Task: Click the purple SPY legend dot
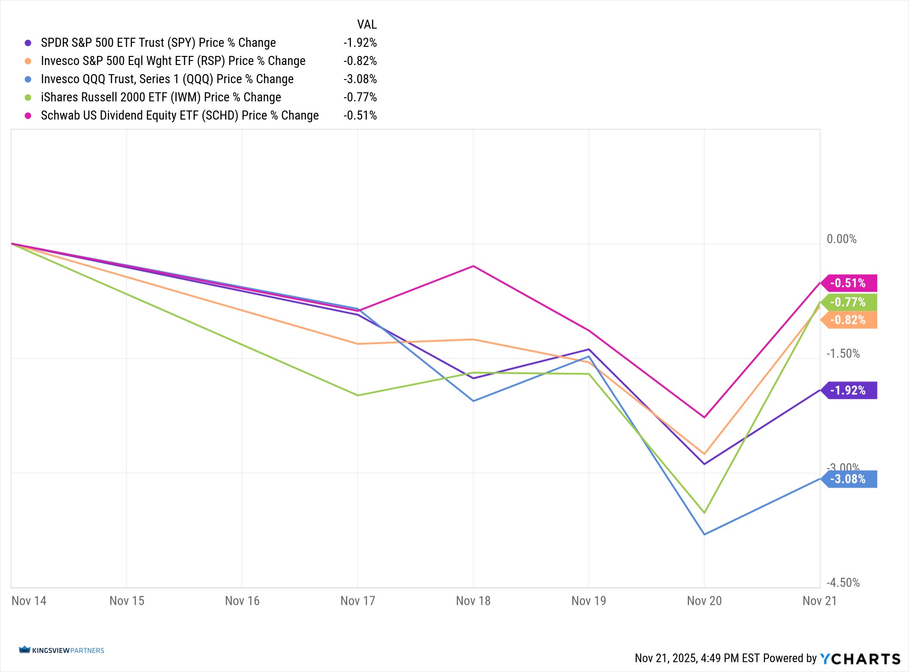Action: [28, 43]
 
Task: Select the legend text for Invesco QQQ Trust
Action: [167, 79]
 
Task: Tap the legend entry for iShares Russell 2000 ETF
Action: [160, 97]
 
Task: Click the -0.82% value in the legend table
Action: [360, 61]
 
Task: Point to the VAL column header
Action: [367, 25]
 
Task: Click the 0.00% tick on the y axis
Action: [841, 239]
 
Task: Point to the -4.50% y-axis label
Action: [843, 583]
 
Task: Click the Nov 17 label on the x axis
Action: [358, 601]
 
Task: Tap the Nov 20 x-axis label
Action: [704, 601]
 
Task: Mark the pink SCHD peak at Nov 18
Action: [473, 266]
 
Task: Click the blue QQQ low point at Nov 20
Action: [704, 534]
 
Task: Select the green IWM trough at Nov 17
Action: [358, 395]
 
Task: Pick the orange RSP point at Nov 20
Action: [704, 454]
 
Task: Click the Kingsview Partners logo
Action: [62, 650]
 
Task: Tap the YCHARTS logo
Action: [860, 658]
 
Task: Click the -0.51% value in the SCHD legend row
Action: [360, 115]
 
